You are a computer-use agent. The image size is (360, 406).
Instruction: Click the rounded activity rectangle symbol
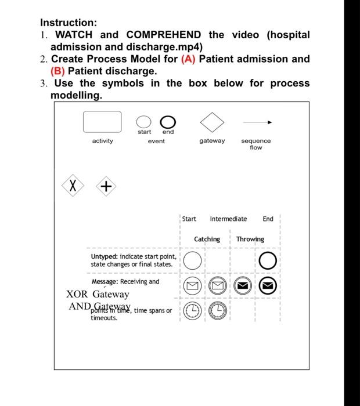click(x=102, y=122)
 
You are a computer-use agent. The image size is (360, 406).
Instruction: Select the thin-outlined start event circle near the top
click(x=143, y=122)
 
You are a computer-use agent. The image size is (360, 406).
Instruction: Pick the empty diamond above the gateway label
click(x=212, y=122)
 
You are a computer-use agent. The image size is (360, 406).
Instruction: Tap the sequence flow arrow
click(x=257, y=122)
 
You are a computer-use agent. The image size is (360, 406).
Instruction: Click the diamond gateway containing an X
click(x=73, y=187)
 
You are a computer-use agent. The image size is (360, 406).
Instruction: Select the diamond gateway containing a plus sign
click(x=106, y=187)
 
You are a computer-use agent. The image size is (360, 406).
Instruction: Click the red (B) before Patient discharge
click(x=58, y=71)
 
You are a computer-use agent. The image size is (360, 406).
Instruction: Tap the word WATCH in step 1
click(x=73, y=35)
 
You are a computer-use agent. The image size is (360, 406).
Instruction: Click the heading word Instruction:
click(x=68, y=23)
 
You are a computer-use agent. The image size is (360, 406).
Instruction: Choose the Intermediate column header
click(x=228, y=219)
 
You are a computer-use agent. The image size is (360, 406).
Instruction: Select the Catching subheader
click(x=207, y=239)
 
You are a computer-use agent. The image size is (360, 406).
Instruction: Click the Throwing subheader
click(x=250, y=239)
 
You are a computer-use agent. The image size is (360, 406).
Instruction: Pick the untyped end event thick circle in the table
click(x=267, y=261)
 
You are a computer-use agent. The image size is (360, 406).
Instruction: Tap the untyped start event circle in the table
click(x=194, y=261)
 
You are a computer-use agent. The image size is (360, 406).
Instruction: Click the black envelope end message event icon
click(x=267, y=285)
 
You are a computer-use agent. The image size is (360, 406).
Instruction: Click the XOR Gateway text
click(x=98, y=294)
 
